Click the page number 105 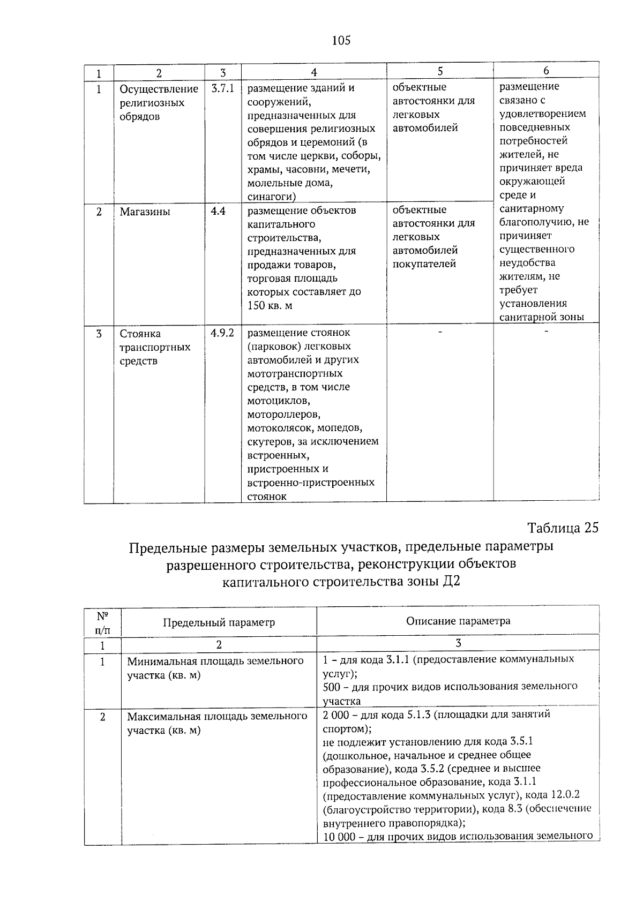pyautogui.click(x=341, y=41)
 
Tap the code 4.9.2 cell pyautogui.click(x=223, y=333)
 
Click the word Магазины pyautogui.click(x=145, y=212)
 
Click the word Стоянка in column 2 pyautogui.click(x=140, y=334)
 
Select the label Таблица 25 pyautogui.click(x=562, y=528)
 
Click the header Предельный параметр pyautogui.click(x=219, y=622)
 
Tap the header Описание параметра pyautogui.click(x=458, y=621)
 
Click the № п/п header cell pyautogui.click(x=102, y=622)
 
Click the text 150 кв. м pyautogui.click(x=270, y=306)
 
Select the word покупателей pyautogui.click(x=424, y=264)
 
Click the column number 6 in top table pyautogui.click(x=546, y=71)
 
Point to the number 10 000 pyautogui.click(x=340, y=837)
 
